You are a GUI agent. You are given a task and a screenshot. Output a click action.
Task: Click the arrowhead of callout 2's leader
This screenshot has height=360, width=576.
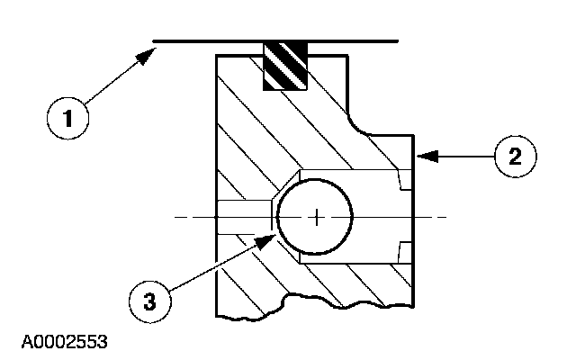click(421, 156)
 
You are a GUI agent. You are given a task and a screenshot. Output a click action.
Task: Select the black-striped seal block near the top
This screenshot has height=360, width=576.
click(283, 66)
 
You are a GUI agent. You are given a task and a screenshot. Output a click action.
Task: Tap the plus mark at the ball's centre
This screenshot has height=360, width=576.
click(317, 217)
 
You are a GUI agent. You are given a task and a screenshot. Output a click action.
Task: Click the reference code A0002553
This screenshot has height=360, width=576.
click(60, 342)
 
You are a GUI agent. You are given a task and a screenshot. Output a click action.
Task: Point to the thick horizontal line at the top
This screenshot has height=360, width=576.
click(274, 40)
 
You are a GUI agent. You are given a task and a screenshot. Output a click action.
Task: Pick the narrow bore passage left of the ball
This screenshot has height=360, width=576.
click(244, 217)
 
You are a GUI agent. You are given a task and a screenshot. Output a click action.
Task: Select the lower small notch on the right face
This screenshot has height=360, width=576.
click(404, 251)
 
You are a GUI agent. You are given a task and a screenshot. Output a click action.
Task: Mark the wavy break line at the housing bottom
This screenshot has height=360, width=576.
click(315, 301)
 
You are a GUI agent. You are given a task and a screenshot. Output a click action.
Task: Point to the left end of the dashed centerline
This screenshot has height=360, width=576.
click(175, 217)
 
